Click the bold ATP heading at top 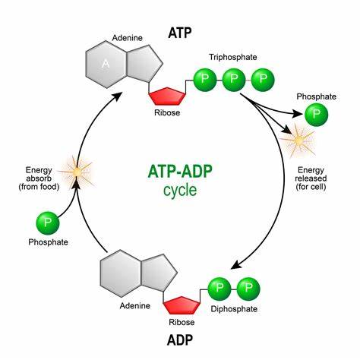click(180, 33)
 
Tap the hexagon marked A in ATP click(106, 64)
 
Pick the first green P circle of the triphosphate click(206, 79)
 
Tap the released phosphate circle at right click(317, 115)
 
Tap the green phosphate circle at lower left click(48, 224)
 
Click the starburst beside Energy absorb click(75, 173)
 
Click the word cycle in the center click(180, 190)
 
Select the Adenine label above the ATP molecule click(126, 36)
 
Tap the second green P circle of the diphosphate click(248, 289)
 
